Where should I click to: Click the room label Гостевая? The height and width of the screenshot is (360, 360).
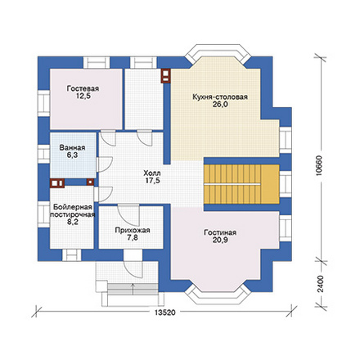pos(83,89)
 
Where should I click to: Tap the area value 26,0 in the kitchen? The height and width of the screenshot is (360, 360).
pos(220,104)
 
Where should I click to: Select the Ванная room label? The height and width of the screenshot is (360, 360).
pos(72,148)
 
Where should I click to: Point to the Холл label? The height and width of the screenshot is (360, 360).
pos(152,173)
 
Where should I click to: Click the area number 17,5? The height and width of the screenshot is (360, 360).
pos(152,180)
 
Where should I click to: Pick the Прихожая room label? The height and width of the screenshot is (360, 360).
pos(133,231)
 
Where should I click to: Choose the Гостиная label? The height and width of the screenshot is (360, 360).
pos(220,232)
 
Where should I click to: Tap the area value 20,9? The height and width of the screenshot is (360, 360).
pos(220,240)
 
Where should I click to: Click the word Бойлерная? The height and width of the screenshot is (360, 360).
pos(73,207)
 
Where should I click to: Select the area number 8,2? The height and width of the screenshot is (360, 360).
pos(73,222)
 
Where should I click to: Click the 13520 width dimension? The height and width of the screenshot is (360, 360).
pos(165,313)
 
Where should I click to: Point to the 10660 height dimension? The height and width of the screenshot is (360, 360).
pos(320,165)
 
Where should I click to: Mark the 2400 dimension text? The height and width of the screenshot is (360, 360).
pos(321,284)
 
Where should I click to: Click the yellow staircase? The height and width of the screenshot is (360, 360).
pos(241,184)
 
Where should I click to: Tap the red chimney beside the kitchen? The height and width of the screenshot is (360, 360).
pos(165,75)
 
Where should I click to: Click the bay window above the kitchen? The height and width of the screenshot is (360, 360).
pos(218,52)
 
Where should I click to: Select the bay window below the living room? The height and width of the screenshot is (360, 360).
pos(218,295)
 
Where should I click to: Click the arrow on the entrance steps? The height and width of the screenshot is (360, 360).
pos(133,289)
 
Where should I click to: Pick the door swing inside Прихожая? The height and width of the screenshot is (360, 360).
pos(128,215)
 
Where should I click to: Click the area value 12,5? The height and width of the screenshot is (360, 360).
pos(83,96)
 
